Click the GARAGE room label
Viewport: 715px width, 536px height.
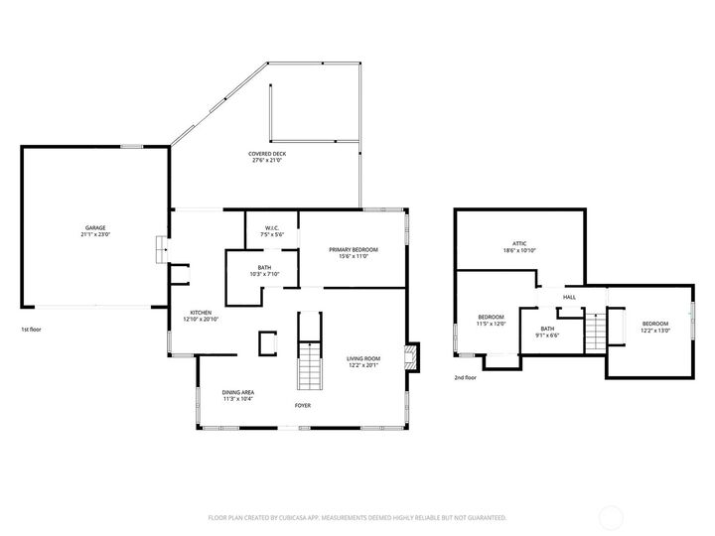point(94,227)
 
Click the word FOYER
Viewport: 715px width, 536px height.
point(304,406)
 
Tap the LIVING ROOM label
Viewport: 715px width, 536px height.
point(363,358)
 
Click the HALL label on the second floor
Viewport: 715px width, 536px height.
point(569,297)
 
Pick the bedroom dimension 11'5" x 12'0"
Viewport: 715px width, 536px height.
point(491,324)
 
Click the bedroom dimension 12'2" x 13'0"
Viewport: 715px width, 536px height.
point(654,331)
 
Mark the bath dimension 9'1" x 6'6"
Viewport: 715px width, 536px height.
point(548,335)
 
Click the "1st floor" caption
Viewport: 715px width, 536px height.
point(31,329)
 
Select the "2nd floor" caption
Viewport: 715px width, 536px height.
point(466,377)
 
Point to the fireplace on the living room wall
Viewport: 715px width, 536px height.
point(410,358)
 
